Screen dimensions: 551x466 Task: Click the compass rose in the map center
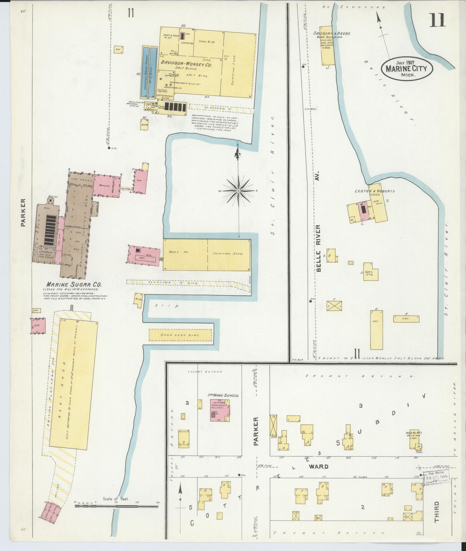click(x=238, y=191)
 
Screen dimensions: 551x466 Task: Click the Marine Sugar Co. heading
click(x=74, y=285)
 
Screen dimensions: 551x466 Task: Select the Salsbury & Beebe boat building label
click(x=332, y=35)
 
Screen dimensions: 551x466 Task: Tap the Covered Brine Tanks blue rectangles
click(x=149, y=72)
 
